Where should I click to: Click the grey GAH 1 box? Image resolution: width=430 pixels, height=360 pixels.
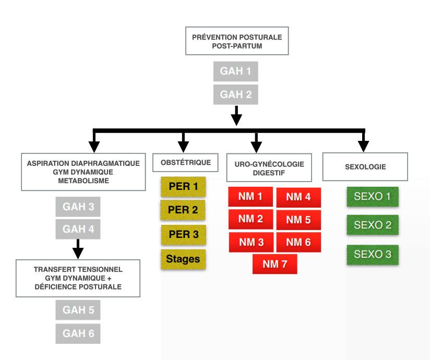(235, 71)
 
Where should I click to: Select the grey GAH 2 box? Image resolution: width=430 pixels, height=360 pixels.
(235, 94)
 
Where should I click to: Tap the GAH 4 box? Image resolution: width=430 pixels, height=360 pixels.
(78, 229)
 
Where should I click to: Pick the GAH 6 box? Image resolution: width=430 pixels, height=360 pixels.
(78, 334)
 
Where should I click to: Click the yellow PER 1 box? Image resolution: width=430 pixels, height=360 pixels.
(183, 187)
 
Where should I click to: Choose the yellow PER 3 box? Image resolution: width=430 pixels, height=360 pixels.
(183, 235)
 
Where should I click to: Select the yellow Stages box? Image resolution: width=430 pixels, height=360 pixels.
(183, 259)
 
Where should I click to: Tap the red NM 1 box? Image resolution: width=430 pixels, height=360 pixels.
(250, 197)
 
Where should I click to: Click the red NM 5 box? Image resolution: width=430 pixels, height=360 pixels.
(298, 220)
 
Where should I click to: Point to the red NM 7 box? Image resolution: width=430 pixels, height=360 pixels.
(275, 264)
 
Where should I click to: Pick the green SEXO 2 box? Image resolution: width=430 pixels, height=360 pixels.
(373, 225)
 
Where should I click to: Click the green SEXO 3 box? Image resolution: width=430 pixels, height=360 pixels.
(373, 255)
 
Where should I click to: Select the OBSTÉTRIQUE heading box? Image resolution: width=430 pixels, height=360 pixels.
(185, 163)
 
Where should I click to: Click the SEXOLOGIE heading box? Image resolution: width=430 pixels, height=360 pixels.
(365, 167)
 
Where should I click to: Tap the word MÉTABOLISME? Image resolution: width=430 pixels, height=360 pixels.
(83, 181)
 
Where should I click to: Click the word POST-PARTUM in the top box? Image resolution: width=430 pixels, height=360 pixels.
(237, 46)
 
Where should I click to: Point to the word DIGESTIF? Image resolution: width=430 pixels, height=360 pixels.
(269, 173)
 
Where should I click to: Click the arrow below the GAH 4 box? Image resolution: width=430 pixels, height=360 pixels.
(78, 249)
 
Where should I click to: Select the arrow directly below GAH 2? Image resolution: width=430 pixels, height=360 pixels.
(236, 116)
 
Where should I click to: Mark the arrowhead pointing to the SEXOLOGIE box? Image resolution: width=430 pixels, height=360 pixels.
(363, 147)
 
